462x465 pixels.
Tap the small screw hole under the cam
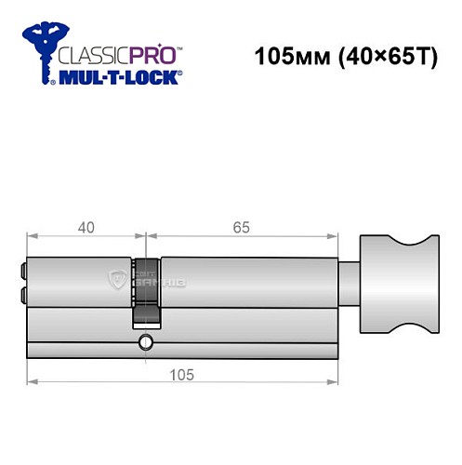(x=145, y=345)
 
